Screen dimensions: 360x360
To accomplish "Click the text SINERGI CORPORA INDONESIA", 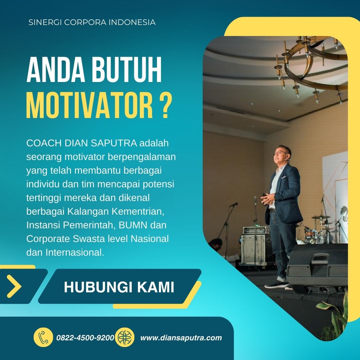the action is tap(92, 22).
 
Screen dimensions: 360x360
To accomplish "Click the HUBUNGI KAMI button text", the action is tap(119, 287).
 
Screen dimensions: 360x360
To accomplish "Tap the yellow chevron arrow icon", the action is tap(14, 286).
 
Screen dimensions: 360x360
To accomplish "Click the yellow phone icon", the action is tap(43, 337).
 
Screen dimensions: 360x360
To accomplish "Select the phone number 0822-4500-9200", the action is tap(85, 338).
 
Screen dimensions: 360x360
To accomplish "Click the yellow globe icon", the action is tap(125, 337).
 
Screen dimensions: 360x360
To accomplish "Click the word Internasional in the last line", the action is tap(75, 253).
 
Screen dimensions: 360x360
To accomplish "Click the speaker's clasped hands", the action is tap(268, 198).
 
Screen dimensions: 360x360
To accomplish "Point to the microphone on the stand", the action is tap(234, 204).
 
